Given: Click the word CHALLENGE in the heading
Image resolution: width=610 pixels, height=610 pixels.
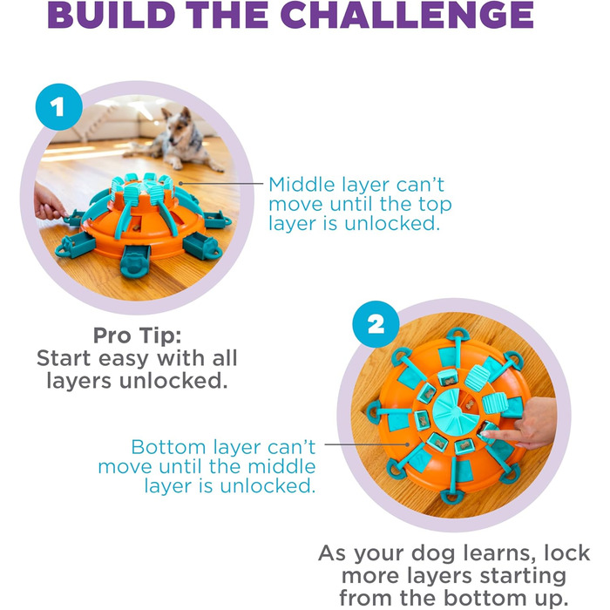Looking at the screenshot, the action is click(x=407, y=15).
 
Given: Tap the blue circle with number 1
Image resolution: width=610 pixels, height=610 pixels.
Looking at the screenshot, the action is click(x=58, y=106).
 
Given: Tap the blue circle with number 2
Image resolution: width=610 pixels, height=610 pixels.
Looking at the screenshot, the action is click(x=376, y=324).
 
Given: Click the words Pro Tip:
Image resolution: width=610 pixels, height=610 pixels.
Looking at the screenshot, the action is click(x=138, y=335).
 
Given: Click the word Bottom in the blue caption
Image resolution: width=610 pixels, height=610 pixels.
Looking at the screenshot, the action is click(x=168, y=447).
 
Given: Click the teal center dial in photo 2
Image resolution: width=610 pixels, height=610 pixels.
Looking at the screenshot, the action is click(x=454, y=411).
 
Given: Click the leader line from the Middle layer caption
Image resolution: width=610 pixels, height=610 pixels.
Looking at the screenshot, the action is click(x=221, y=183).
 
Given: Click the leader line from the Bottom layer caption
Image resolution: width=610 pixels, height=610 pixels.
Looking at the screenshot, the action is click(x=367, y=444).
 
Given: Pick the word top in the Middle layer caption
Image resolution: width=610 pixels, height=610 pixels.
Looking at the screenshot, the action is click(x=435, y=205).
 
